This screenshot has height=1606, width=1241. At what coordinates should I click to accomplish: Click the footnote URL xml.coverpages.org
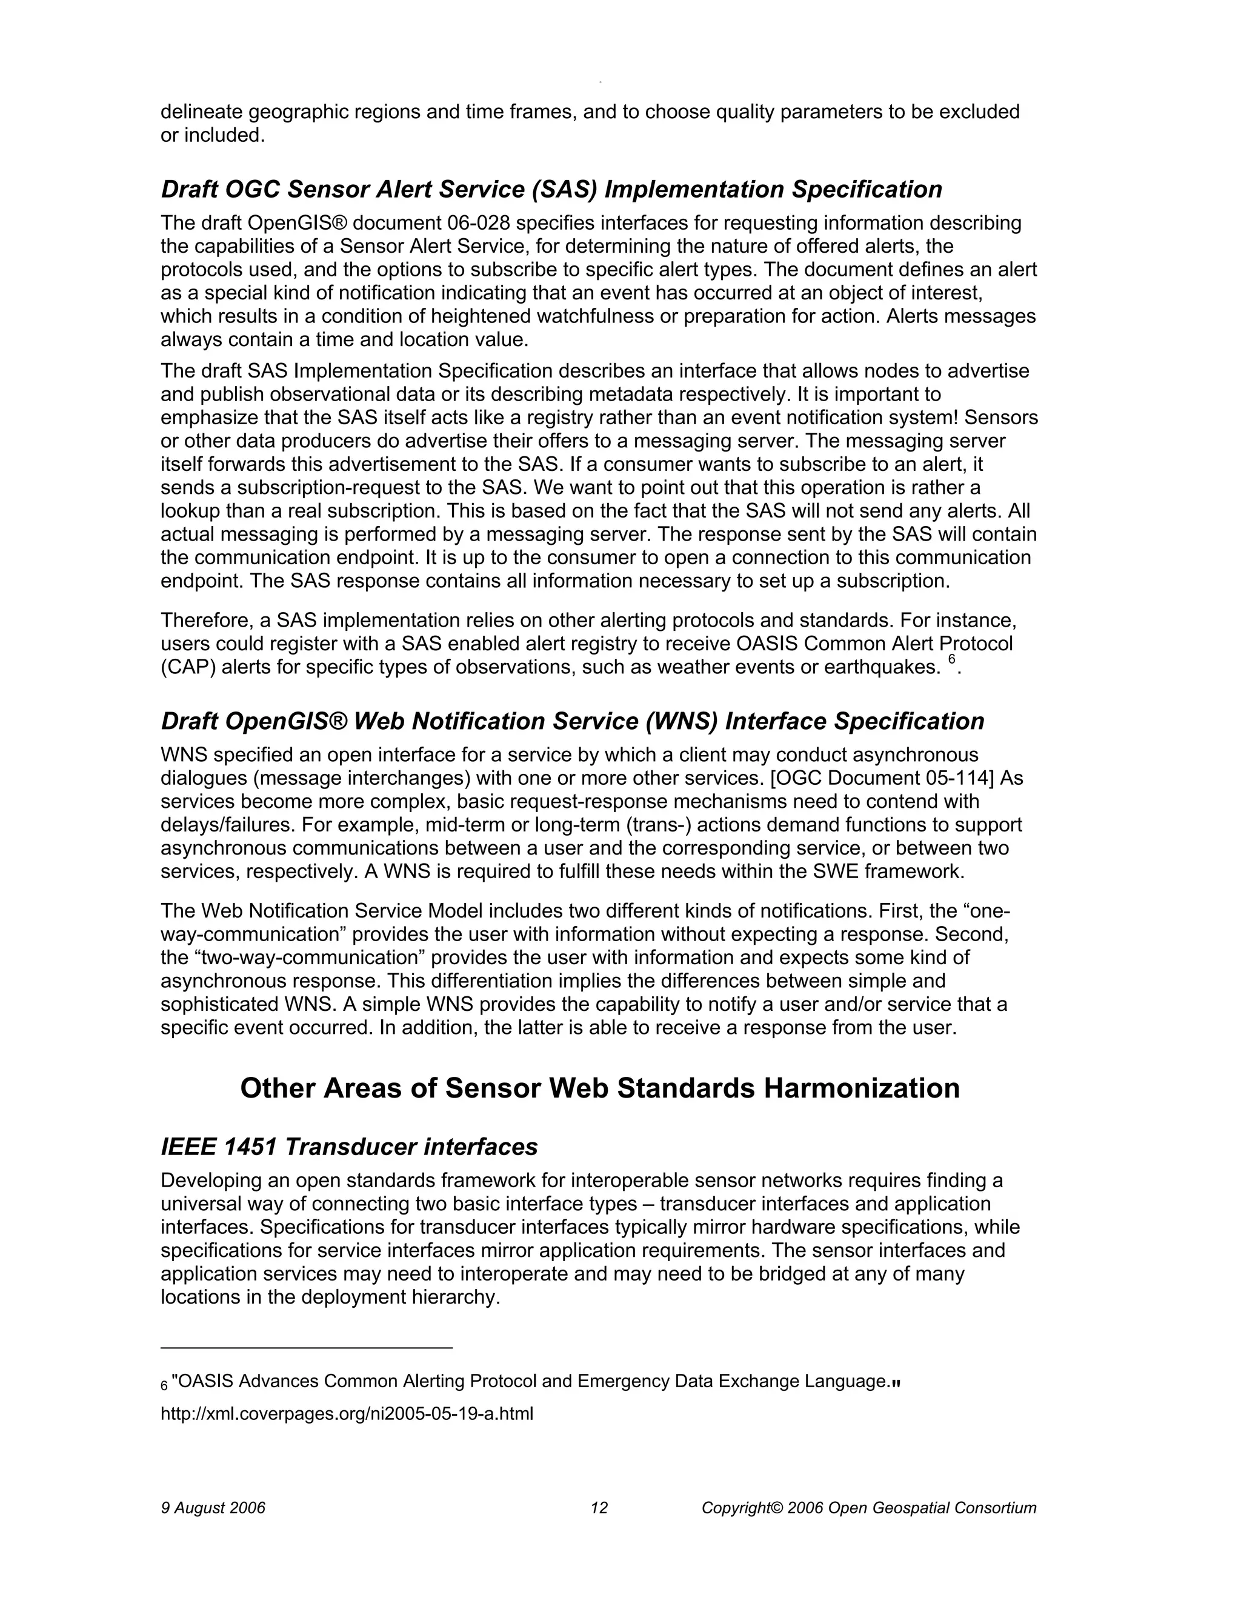(346, 1413)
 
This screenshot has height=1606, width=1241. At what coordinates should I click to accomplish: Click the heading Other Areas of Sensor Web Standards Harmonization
(599, 1088)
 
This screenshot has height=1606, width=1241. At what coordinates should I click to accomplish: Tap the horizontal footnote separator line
(307, 1348)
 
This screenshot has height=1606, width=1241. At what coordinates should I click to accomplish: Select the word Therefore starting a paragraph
(207, 621)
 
